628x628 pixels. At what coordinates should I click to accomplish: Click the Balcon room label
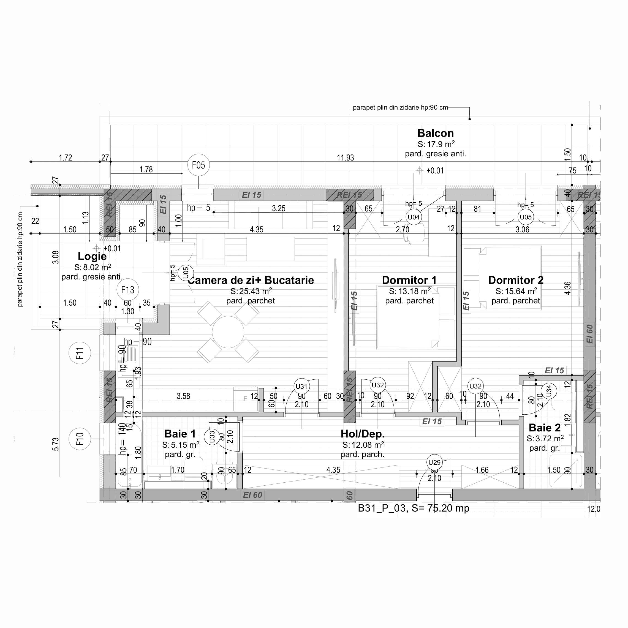pos(435,133)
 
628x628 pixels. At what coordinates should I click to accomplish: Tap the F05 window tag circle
pos(198,165)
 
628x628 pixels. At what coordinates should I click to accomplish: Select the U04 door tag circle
pos(414,217)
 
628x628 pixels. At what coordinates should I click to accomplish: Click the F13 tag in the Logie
pos(127,290)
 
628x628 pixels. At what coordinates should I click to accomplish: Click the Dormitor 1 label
pos(409,280)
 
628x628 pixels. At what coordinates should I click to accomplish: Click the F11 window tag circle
pos(80,353)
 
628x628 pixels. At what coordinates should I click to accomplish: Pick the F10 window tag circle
pos(80,439)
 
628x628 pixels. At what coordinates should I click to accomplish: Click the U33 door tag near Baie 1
pos(212,437)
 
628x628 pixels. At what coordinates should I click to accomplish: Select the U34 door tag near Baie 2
pos(549,391)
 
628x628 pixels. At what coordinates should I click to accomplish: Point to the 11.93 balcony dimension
pos(345,158)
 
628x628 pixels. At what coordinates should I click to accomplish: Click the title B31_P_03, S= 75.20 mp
pos(414,508)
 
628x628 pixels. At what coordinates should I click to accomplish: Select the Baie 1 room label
pos(180,434)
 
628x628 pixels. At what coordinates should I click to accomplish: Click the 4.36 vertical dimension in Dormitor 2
pos(567,288)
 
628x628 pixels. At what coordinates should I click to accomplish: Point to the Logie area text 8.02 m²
pos(93,268)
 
